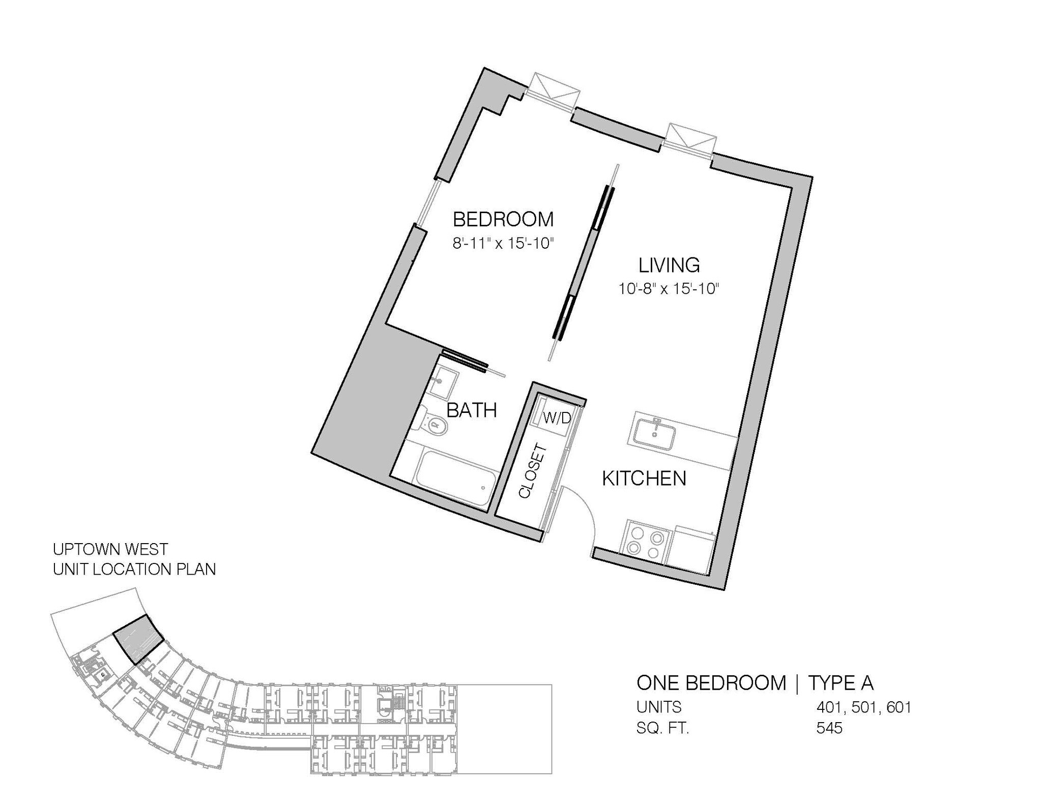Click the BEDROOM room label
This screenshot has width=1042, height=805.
pyautogui.click(x=503, y=220)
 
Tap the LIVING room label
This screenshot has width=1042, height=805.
pyautogui.click(x=669, y=265)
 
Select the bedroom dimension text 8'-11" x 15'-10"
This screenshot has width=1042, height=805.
pyautogui.click(x=503, y=244)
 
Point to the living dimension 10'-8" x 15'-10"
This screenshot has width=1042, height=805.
pyautogui.click(x=669, y=289)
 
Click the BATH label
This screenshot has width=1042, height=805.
pyautogui.click(x=471, y=410)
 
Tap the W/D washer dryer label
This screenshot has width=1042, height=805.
pyautogui.click(x=557, y=418)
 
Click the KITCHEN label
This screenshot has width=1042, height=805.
pyautogui.click(x=644, y=479)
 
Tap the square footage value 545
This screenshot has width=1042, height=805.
pyautogui.click(x=829, y=728)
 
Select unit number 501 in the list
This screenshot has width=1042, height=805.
pyautogui.click(x=863, y=707)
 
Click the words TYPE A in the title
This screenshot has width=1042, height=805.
pyautogui.click(x=841, y=683)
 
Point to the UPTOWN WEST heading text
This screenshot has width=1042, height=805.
pyautogui.click(x=110, y=549)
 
